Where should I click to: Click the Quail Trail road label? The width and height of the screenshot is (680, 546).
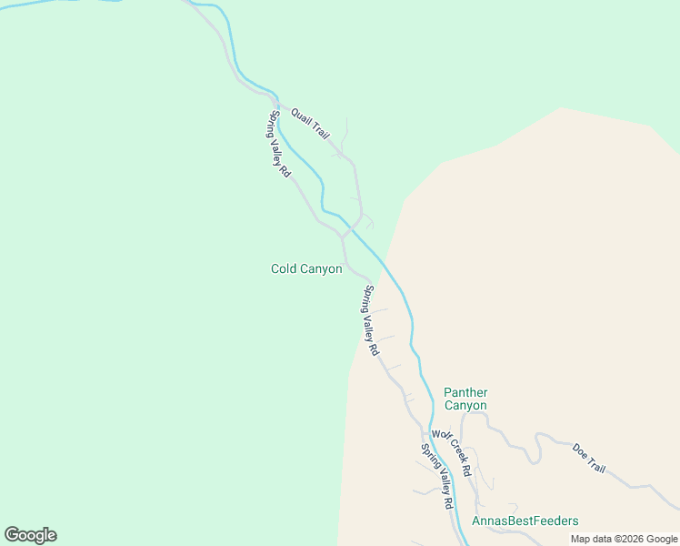pos(310,124)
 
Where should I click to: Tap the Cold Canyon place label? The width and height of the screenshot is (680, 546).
pos(306,268)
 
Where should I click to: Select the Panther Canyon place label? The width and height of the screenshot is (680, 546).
pos(465,399)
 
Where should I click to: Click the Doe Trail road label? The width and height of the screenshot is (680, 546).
pos(589,458)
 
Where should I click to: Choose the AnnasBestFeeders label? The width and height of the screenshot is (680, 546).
pos(525,521)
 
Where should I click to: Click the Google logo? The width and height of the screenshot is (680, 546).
pos(30,535)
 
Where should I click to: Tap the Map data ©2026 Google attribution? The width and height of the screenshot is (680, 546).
pos(624,539)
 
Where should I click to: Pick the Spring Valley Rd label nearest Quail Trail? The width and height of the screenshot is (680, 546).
pos(278,144)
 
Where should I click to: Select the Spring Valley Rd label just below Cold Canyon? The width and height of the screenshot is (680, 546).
pos(371,320)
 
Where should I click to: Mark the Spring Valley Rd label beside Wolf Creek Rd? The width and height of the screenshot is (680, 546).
pos(437,476)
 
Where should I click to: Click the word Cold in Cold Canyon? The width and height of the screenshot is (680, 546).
pos(285,268)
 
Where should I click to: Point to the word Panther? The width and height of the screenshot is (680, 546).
pos(465,392)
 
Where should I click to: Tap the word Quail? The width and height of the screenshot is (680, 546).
pos(302,117)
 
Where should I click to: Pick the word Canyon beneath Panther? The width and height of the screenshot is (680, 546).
pos(465,406)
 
